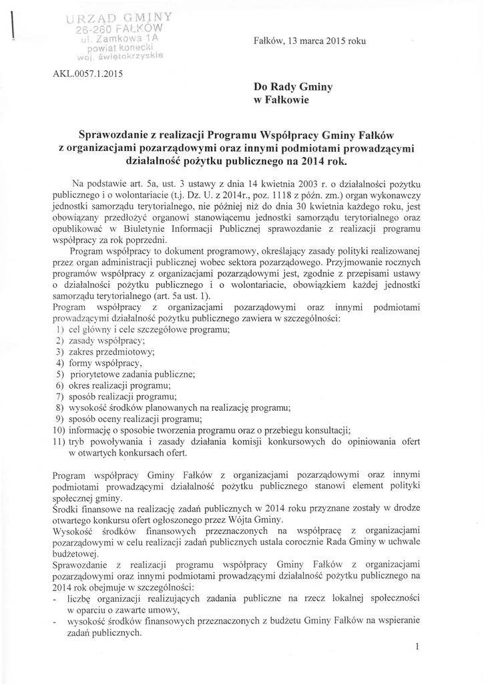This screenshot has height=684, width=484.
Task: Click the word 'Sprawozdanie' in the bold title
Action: click(119, 133)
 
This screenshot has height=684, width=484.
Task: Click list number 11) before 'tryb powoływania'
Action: click(59, 442)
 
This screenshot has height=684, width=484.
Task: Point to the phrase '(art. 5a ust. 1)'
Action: click(180, 295)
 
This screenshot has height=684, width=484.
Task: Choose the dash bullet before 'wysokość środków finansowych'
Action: click(53, 621)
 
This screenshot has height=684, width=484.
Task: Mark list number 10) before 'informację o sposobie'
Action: click(59, 431)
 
